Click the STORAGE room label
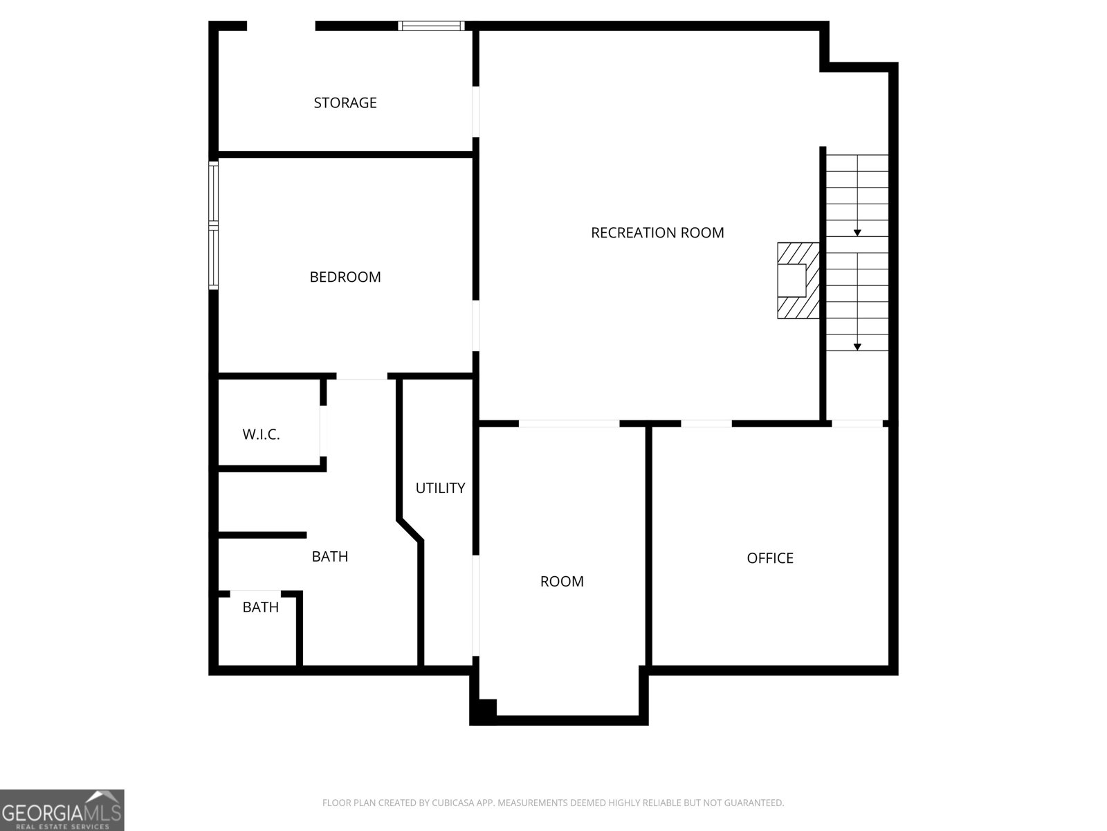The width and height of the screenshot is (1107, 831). click(345, 103)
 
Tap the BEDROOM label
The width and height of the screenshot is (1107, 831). click(345, 277)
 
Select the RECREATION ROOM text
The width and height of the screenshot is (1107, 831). click(657, 233)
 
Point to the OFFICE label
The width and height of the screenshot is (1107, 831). click(769, 558)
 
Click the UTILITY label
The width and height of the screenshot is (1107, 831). click(440, 488)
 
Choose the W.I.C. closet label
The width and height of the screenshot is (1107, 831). click(261, 434)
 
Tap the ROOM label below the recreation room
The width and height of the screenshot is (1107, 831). click(562, 581)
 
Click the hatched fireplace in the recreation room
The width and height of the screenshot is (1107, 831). click(798, 280)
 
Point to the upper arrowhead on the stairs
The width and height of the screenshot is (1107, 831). click(857, 233)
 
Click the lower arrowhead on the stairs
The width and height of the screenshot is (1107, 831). click(857, 347)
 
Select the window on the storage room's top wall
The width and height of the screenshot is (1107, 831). click(431, 26)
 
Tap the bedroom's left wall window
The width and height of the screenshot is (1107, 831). click(213, 226)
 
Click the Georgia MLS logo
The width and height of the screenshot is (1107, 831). click(62, 810)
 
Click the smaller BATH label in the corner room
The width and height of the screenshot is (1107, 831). click(260, 607)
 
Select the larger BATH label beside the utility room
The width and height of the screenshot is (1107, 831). click(330, 557)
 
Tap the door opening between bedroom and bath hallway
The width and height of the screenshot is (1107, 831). click(362, 377)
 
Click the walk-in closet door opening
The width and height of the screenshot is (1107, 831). click(323, 431)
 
